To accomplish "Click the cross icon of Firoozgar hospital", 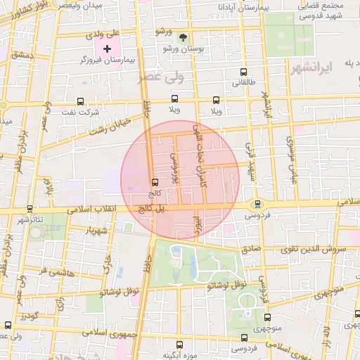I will click(107, 49).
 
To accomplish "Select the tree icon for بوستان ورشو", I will click(184, 37).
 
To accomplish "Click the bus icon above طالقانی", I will click(243, 72).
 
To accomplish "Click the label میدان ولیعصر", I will click(97, 6).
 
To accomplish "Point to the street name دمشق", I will click(22, 54).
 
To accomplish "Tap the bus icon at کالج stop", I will click(155, 181).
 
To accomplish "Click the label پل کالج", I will click(150, 208).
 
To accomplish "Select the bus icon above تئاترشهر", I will click(30, 209).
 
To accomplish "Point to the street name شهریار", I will click(94, 230).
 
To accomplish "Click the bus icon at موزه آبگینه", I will click(179, 345).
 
